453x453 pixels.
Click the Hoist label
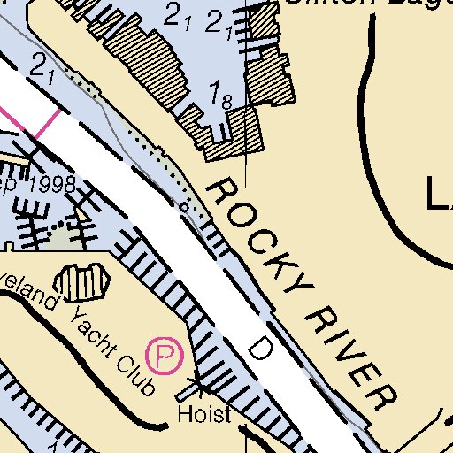[203, 414]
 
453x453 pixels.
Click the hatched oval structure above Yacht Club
[81, 282]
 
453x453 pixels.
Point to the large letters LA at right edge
[440, 194]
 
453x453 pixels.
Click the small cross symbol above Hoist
[198, 386]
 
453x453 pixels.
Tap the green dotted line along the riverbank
[150, 150]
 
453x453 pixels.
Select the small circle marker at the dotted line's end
[184, 206]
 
